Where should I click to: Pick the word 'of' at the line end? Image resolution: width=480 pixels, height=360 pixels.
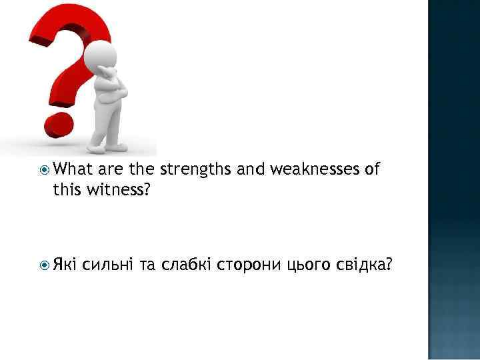[372, 170]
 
